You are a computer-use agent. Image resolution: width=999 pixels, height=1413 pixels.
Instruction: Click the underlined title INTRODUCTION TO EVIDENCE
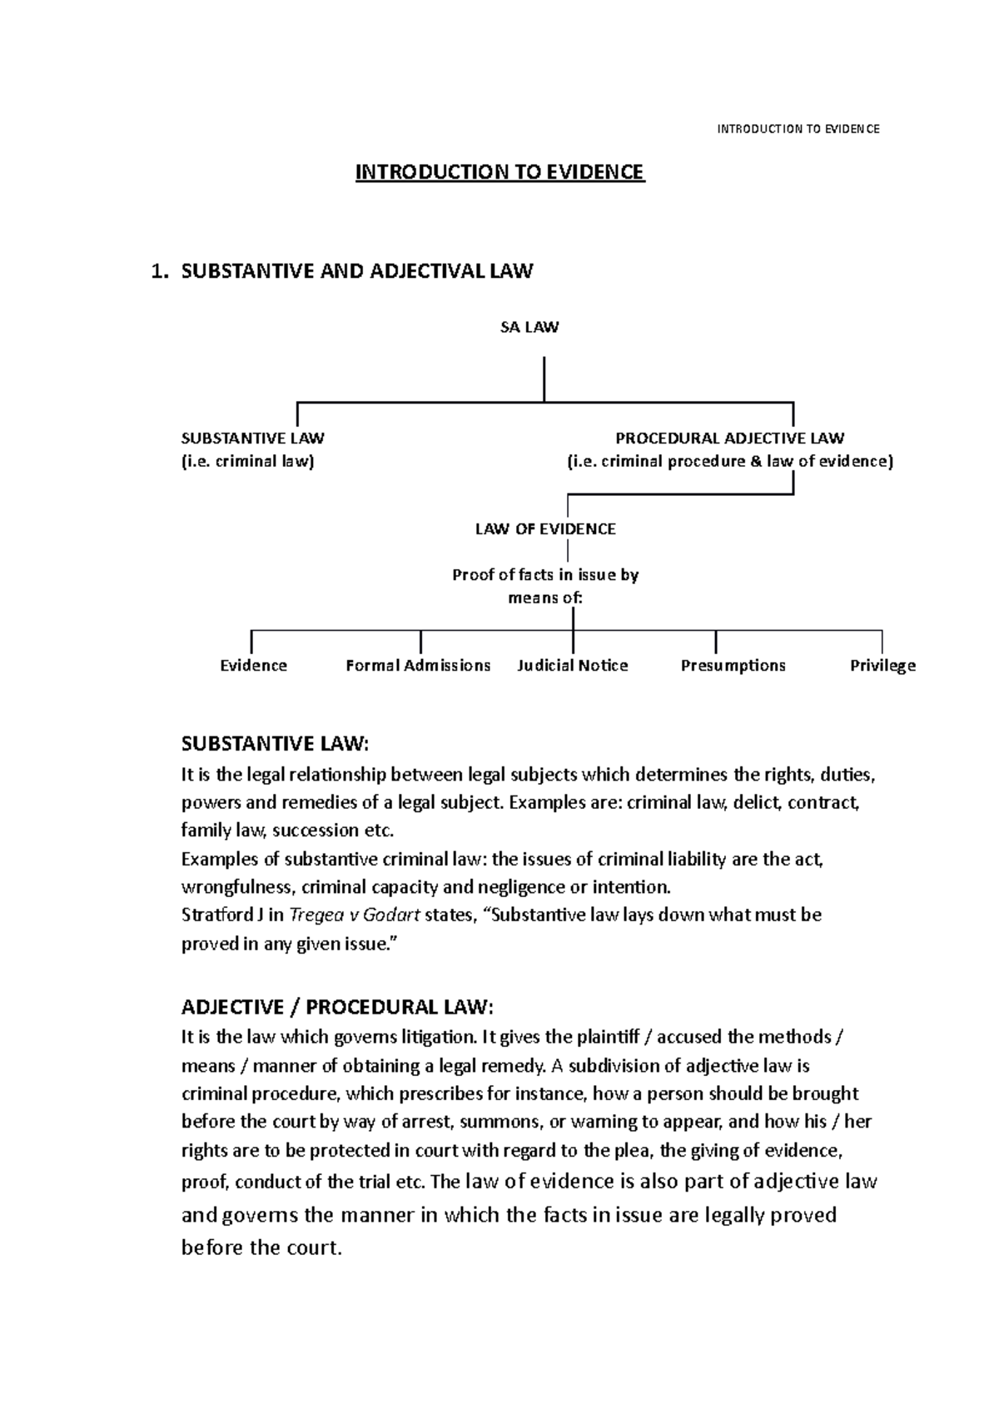pyautogui.click(x=499, y=172)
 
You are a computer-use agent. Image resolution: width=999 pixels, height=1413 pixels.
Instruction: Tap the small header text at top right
pyautogui.click(x=798, y=129)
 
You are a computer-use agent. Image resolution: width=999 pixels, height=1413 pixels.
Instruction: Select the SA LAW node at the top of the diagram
pyautogui.click(x=529, y=328)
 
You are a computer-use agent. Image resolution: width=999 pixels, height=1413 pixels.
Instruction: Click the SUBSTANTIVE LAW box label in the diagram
pyautogui.click(x=253, y=439)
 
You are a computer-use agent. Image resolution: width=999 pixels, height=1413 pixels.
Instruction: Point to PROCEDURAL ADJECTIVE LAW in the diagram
pyautogui.click(x=729, y=439)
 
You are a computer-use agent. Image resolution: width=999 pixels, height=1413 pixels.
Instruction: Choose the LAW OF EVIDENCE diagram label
pyautogui.click(x=545, y=529)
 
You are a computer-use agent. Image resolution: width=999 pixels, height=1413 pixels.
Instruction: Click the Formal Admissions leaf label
pyautogui.click(x=418, y=666)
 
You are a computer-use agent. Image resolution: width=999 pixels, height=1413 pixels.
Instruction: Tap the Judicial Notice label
pyautogui.click(x=573, y=666)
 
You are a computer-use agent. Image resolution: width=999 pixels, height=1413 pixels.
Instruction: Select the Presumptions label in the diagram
pyautogui.click(x=733, y=666)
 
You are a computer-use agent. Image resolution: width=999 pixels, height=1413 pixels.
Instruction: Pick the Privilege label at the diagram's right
pyautogui.click(x=882, y=666)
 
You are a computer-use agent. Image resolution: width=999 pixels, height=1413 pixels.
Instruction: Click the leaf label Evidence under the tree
pyautogui.click(x=253, y=666)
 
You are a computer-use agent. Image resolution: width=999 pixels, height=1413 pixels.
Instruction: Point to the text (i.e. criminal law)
pyautogui.click(x=248, y=462)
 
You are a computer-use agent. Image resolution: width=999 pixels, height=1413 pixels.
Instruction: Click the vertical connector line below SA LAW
pyautogui.click(x=544, y=379)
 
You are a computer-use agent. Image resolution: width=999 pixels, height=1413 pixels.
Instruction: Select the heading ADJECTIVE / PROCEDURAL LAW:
pyautogui.click(x=337, y=1008)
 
